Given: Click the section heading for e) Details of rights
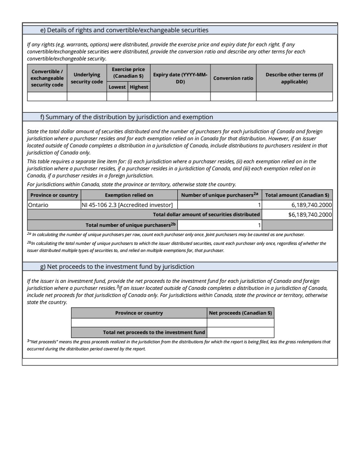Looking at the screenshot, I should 124,30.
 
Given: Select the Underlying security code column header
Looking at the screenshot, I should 87,78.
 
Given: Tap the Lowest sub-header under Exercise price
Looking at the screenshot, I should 117,87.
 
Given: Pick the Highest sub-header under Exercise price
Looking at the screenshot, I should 139,87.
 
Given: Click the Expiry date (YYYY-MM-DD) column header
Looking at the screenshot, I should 180,78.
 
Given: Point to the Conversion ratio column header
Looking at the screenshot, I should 233,78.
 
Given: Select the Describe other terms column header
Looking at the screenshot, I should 294,78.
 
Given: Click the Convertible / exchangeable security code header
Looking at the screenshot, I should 47,78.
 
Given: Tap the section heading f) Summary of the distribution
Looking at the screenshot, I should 127,117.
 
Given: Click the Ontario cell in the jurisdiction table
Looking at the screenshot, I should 38,205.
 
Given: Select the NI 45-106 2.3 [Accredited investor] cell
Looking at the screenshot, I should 127,205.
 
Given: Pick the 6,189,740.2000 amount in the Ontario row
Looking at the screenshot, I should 311,205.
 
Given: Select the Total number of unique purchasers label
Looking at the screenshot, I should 131,225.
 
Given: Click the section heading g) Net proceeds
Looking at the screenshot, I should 117,267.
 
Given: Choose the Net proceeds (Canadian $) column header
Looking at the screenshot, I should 240,313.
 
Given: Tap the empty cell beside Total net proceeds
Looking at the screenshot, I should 240,332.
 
